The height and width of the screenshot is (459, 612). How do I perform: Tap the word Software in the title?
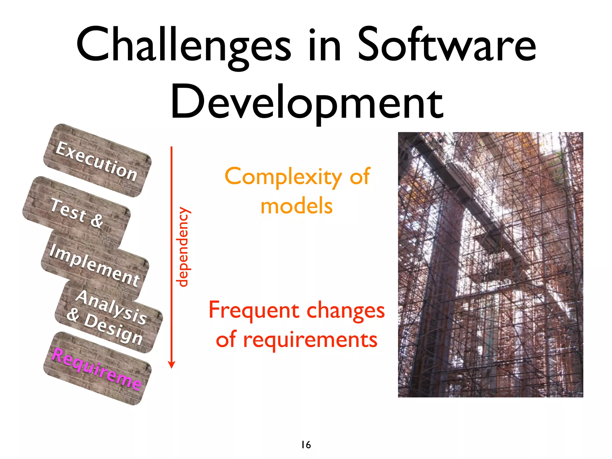446,45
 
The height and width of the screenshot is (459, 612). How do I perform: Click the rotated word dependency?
183,247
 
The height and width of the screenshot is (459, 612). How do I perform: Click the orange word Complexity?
283,177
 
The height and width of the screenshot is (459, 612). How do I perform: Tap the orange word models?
296,206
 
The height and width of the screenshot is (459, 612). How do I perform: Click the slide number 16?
306,445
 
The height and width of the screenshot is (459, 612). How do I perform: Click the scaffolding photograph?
490,264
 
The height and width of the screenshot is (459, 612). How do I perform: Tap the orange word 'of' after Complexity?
360,176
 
